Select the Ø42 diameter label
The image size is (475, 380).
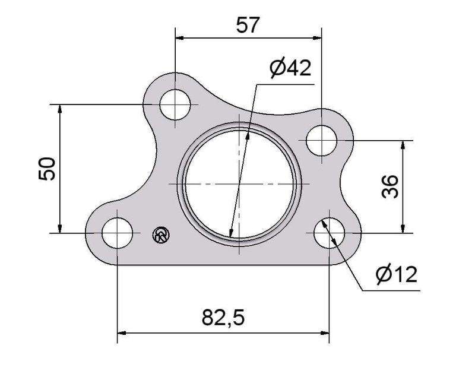290,68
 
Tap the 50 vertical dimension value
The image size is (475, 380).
46,169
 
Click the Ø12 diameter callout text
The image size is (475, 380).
396,274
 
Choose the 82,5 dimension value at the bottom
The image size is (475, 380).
223,318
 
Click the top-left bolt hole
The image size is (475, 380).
175,104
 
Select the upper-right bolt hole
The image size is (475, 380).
321,141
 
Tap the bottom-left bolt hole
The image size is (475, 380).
117,233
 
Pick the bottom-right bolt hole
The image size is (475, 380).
329,233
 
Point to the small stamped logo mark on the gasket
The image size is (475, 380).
160,235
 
